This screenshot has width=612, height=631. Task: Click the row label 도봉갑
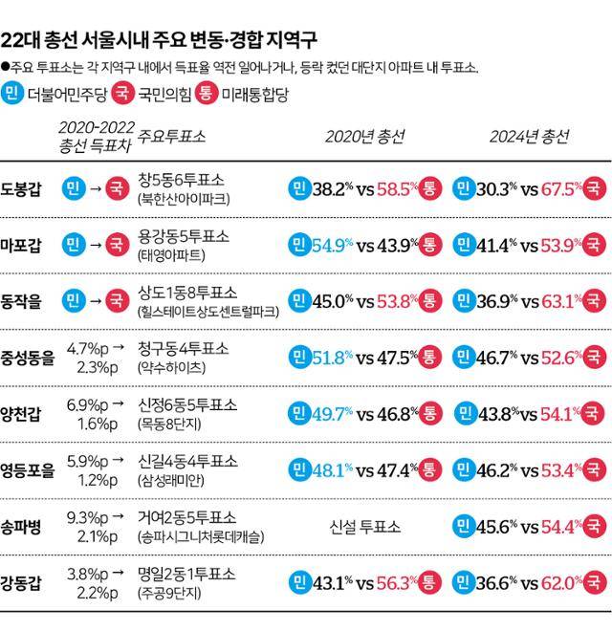(x=22, y=188)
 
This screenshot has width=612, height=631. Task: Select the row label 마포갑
(x=22, y=246)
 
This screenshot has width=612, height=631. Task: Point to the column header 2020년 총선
(x=364, y=137)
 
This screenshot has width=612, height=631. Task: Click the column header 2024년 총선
(x=529, y=137)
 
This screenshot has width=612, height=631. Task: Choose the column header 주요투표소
(x=172, y=136)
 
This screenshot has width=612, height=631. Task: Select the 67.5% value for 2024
(x=565, y=188)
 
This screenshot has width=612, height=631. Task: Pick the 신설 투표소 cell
(x=364, y=526)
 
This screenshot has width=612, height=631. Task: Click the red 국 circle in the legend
(x=121, y=94)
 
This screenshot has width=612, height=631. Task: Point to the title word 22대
(x=20, y=40)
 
